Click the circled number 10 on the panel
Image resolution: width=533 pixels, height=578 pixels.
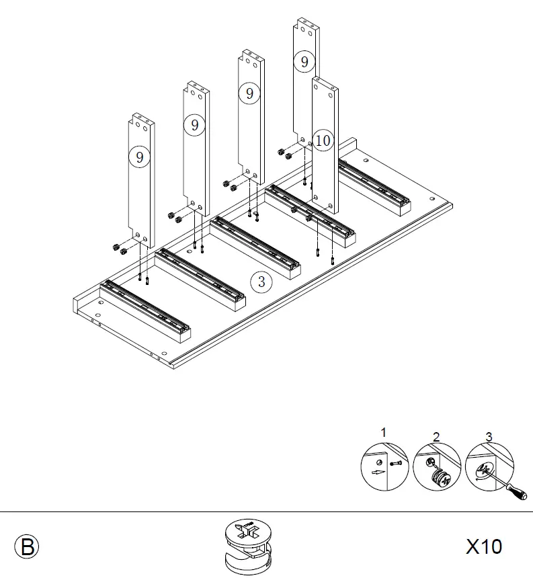pos(323,140)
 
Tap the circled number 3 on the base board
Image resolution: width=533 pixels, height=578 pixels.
pos(261,282)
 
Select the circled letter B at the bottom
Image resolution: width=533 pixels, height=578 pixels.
pos(27,547)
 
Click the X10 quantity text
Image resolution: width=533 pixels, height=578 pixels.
pos(484,546)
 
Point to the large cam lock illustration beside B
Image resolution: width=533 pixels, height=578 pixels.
pos(249,546)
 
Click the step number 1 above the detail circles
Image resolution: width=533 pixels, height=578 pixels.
pos(383,432)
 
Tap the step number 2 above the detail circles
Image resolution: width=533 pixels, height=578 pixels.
pos(436,437)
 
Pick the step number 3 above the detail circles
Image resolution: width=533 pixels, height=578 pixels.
pos(489,437)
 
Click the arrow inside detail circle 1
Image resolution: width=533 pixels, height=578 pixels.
pos(378,472)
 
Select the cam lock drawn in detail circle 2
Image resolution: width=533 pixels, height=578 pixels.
pos(441,477)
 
